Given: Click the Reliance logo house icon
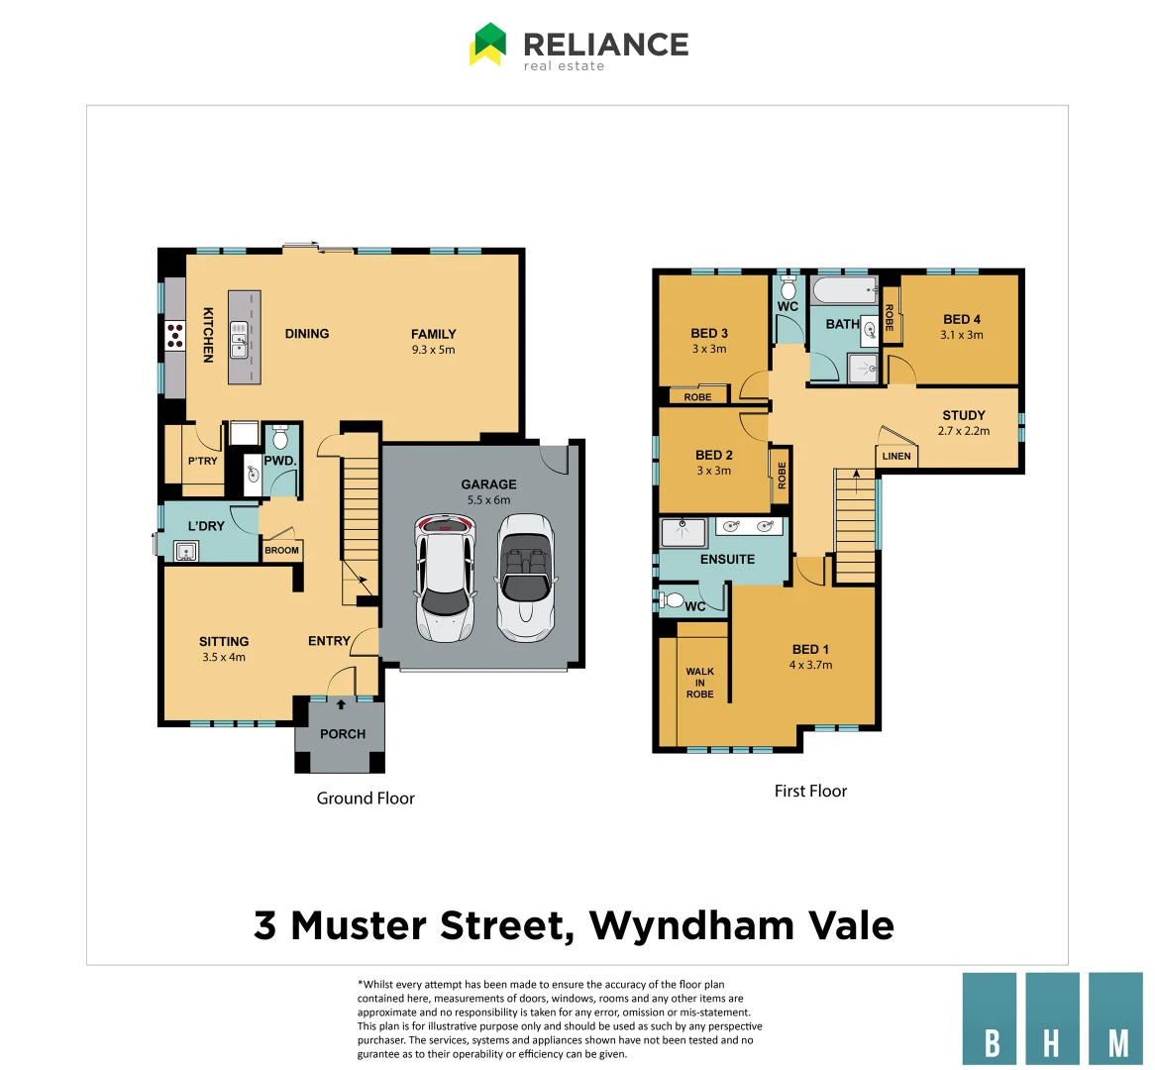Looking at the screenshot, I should tap(487, 45).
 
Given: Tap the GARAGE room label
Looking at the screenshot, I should tap(488, 484).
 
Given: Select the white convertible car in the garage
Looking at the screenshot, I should tap(525, 577).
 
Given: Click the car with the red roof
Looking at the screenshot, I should tap(445, 577).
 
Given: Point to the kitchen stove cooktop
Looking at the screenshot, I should tap(175, 335).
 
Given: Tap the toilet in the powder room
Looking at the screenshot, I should tap(280, 439).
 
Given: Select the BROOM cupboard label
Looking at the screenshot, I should tap(281, 550).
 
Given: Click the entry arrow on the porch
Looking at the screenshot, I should tap(342, 704).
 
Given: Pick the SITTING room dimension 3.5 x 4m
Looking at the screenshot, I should tap(224, 657).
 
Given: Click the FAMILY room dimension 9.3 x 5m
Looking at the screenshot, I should tap(433, 350).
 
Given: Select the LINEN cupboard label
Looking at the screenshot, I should tap(896, 456).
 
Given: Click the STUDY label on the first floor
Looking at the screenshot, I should tap(964, 415).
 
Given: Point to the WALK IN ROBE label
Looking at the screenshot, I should tap(699, 683).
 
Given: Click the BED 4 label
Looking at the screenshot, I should tap(962, 319).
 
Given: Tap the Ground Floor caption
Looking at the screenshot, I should tap(366, 798).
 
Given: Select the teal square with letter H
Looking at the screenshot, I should tap(1052, 1018).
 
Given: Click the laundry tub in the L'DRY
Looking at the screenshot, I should tap(185, 552).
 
